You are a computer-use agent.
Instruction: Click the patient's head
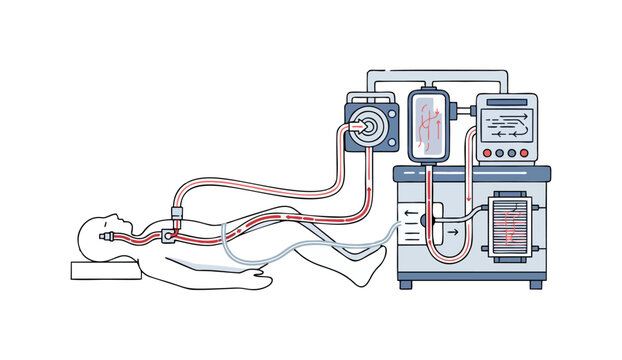109,233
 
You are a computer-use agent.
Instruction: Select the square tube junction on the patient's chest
165,237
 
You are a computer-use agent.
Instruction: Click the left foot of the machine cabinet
406,284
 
